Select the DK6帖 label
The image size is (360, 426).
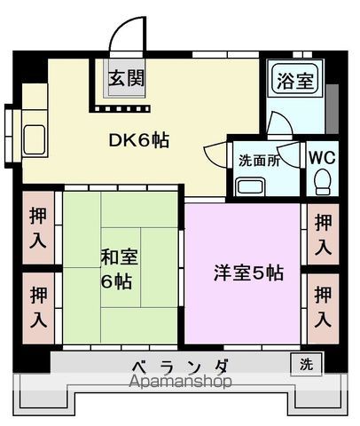point(139,139)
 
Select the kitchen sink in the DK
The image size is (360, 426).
point(36,139)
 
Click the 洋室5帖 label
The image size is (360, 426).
point(249,273)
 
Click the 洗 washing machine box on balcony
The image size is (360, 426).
point(304,363)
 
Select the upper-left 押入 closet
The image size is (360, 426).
point(39,227)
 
